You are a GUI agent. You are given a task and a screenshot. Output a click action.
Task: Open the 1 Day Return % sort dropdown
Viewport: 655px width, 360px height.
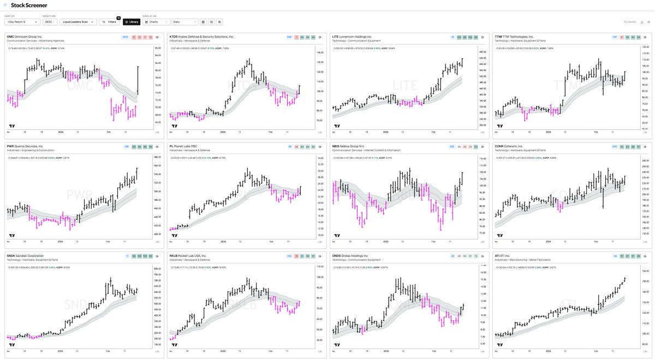point(22,22)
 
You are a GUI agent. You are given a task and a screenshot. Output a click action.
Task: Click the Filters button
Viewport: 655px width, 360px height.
point(109,22)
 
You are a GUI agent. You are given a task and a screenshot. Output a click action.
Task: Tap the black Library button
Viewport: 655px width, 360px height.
point(131,22)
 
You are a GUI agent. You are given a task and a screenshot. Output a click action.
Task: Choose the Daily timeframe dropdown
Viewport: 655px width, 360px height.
point(184,22)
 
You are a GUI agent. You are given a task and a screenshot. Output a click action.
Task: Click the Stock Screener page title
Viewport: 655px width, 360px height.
point(25,6)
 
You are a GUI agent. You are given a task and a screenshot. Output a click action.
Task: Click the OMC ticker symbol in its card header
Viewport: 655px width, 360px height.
point(10,37)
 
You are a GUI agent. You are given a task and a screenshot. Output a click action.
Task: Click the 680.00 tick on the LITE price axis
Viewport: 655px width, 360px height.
point(482,52)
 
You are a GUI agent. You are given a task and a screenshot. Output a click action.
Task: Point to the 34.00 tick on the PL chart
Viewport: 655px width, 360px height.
point(320,159)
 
